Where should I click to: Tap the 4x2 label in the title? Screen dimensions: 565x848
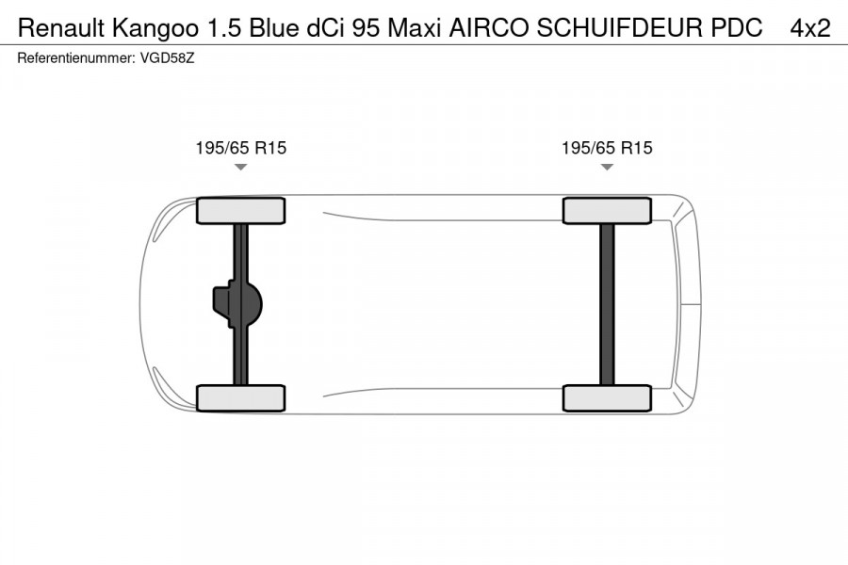[x=810, y=28]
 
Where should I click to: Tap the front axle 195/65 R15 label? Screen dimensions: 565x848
[x=240, y=148]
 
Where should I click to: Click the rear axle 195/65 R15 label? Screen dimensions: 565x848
[x=607, y=148]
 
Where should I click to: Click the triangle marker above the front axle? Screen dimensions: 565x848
[x=240, y=167]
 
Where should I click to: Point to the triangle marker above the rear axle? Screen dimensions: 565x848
[x=607, y=167]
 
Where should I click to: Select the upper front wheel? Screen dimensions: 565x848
[x=240, y=210]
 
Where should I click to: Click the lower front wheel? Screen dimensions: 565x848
[x=240, y=397]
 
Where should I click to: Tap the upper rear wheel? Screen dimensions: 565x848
[x=607, y=210]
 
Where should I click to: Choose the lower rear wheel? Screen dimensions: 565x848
[x=607, y=397]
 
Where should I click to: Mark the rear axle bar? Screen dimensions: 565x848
[x=607, y=303]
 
